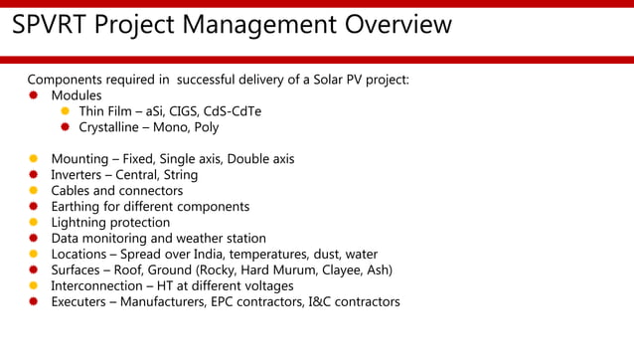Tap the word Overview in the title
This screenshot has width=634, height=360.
(396, 24)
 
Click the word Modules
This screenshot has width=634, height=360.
(77, 95)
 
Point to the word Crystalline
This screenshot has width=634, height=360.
(113, 127)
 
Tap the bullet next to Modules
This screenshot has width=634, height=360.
(33, 95)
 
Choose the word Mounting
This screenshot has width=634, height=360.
(82, 159)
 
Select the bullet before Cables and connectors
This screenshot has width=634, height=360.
(33, 191)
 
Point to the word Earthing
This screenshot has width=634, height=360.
(78, 207)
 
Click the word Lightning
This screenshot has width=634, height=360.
(82, 223)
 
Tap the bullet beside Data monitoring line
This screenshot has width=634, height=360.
(33, 239)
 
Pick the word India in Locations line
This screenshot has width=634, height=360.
(202, 255)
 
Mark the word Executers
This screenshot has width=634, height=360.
(81, 302)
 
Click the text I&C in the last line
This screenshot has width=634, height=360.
(323, 302)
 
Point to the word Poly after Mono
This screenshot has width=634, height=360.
(203, 127)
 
